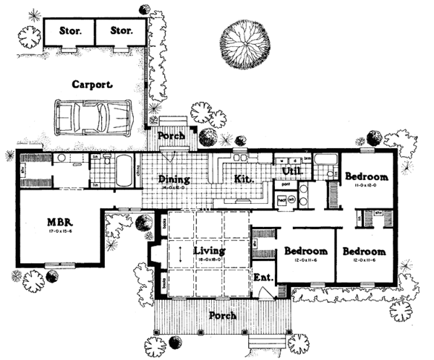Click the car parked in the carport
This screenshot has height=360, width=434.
(91, 116)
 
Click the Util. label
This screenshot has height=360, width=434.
(291, 171)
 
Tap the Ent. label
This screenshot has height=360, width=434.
(262, 278)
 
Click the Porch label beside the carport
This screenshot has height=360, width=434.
(171, 135)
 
